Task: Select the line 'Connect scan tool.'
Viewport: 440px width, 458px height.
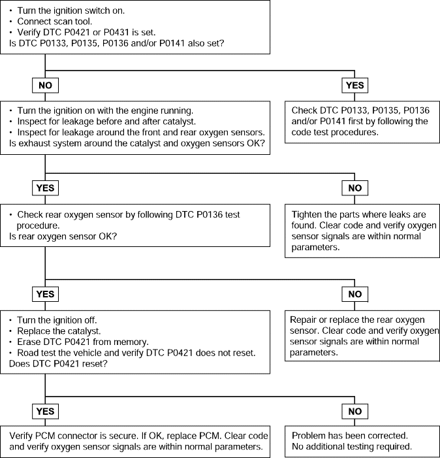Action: pos(55,22)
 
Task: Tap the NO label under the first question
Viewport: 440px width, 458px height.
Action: pos(45,86)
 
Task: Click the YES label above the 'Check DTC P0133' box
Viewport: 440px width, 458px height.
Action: pos(354,86)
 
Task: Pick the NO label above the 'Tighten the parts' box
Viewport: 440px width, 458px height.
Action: pos(354,188)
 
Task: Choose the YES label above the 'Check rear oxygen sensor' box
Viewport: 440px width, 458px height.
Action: pos(45,188)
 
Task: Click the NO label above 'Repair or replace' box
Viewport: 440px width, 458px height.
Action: pos(354,294)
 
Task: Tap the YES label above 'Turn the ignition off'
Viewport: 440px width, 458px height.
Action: pos(45,294)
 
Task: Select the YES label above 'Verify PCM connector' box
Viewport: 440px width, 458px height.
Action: pos(45,411)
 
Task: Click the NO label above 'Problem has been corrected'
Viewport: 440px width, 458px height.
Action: pos(354,411)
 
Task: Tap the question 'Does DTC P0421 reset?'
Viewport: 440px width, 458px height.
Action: pos(58,364)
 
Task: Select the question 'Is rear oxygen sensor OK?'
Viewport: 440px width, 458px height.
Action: pos(63,237)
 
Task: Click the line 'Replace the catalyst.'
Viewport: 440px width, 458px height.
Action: pos(59,331)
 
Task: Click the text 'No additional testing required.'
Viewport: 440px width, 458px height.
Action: pos(352,447)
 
